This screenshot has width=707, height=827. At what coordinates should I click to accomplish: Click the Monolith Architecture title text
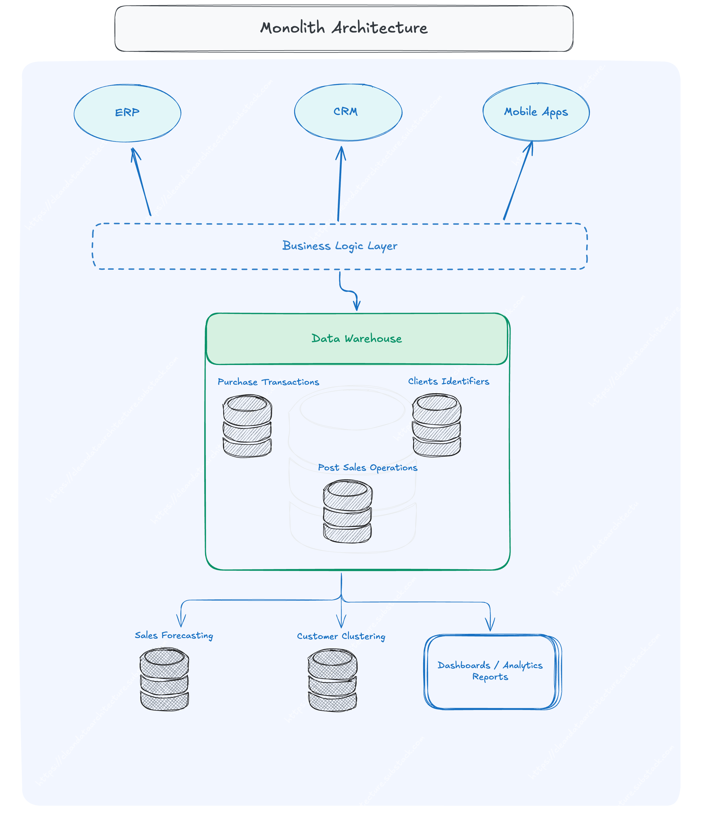(344, 28)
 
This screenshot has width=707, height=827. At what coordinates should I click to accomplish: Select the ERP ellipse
(127, 113)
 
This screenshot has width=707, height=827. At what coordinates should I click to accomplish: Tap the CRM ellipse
(348, 112)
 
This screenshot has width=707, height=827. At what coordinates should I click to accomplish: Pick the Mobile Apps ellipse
(536, 112)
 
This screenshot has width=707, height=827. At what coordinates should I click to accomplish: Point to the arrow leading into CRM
(340, 183)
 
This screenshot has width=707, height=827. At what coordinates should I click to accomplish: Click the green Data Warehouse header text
(356, 338)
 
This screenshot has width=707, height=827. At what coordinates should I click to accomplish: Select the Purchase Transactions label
(268, 382)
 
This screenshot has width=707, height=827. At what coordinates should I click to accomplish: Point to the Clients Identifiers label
(448, 381)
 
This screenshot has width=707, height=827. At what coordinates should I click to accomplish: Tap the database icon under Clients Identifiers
(437, 425)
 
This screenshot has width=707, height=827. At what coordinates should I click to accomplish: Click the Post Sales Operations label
(367, 467)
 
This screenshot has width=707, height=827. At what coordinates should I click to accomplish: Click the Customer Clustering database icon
(332, 680)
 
